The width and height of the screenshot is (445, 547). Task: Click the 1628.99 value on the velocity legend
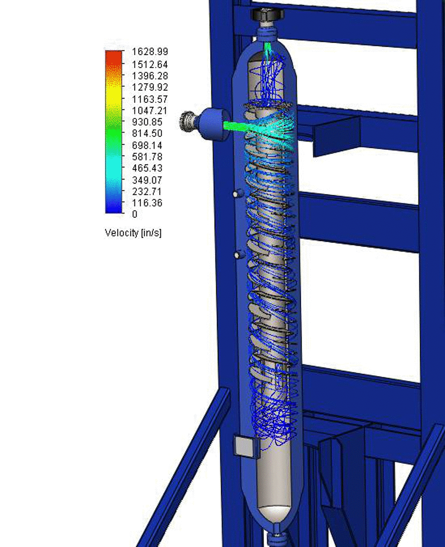click(150, 51)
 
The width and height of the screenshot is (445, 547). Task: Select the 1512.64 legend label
click(150, 64)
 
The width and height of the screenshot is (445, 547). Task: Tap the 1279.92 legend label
click(150, 87)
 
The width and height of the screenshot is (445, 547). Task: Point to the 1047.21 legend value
click(150, 110)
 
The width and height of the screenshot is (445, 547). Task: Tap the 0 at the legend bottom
click(134, 214)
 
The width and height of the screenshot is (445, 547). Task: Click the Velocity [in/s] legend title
click(133, 233)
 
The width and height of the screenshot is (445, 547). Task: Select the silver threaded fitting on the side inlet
click(187, 121)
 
